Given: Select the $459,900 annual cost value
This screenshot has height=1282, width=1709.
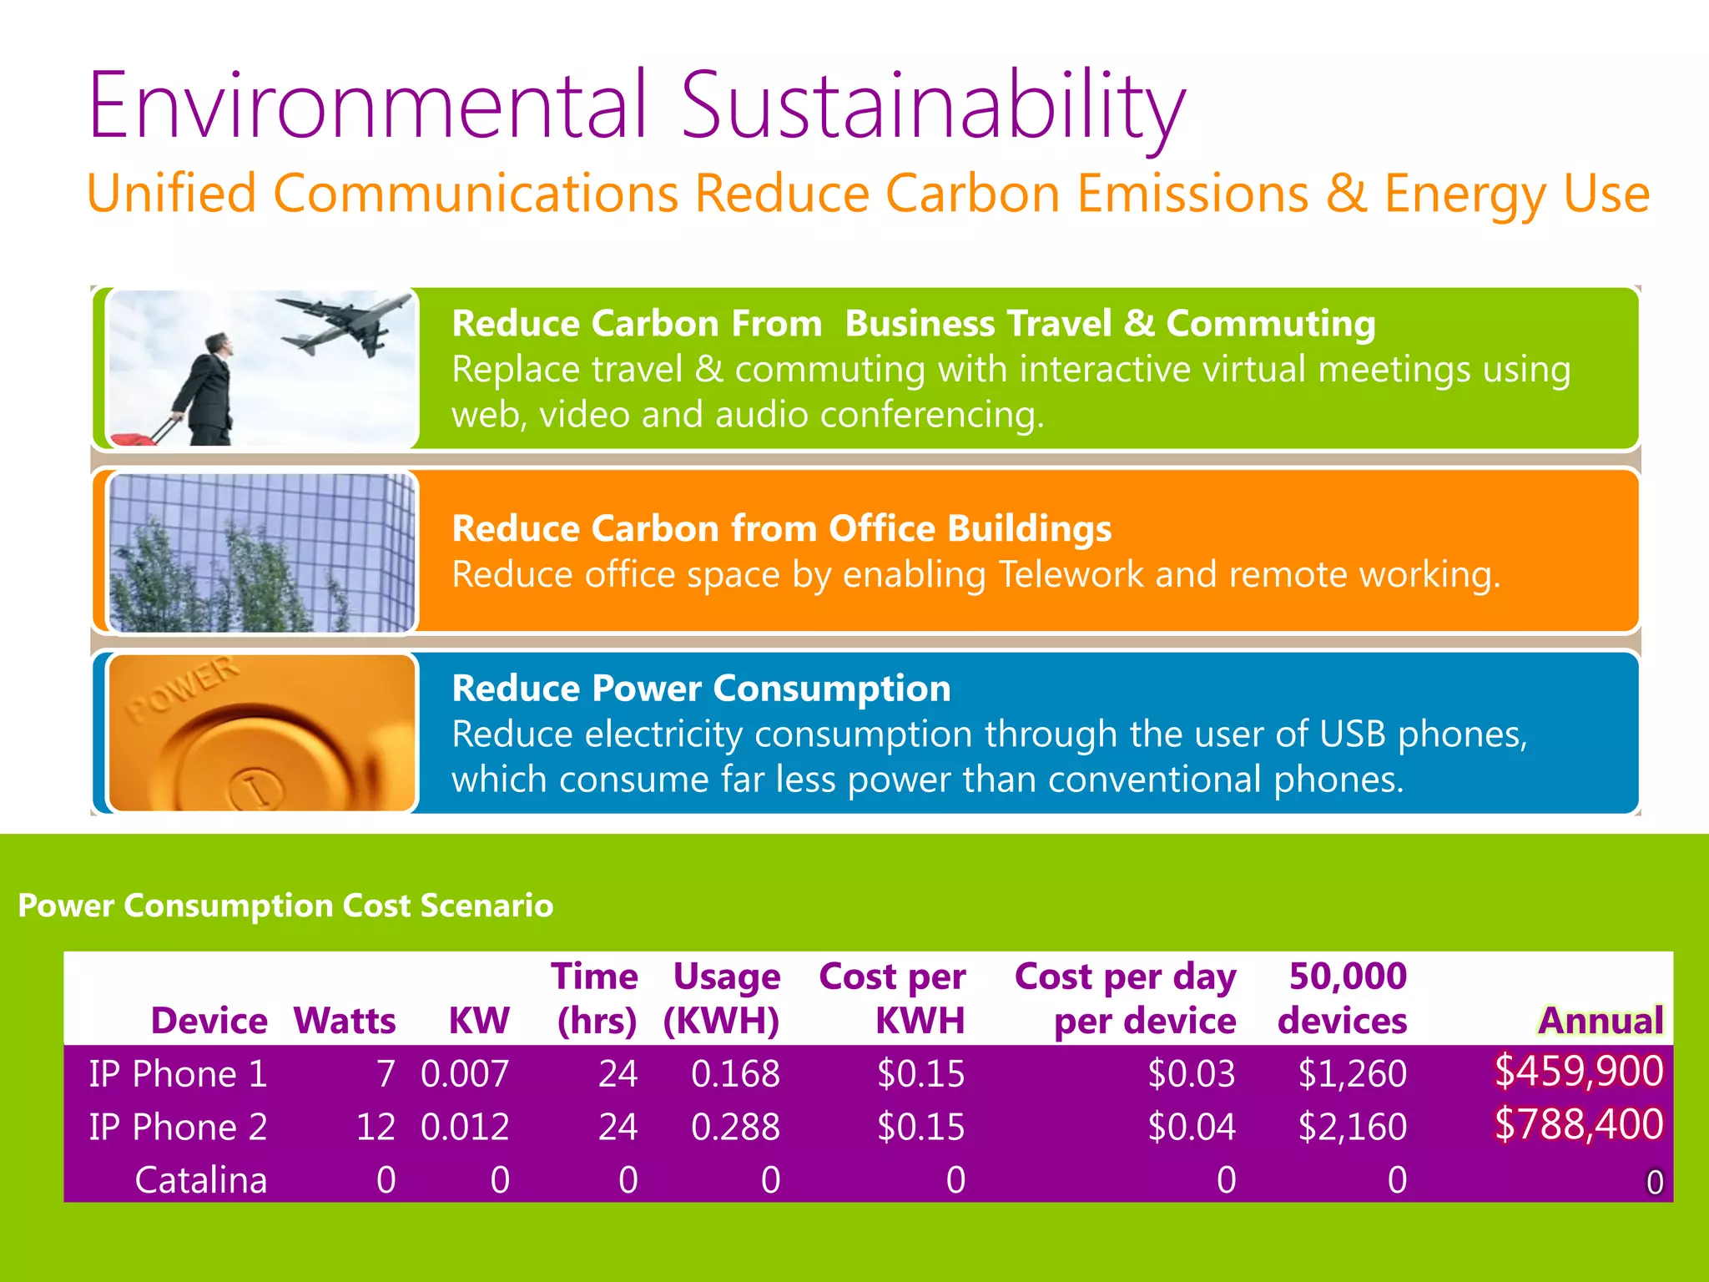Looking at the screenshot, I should [1578, 1072].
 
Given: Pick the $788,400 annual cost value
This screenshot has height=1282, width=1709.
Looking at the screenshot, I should [1578, 1125].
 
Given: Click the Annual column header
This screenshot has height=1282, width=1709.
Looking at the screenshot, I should [1601, 1021].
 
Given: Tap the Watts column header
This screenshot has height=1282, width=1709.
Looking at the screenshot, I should [344, 1021].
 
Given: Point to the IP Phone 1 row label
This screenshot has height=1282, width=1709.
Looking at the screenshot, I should [178, 1073].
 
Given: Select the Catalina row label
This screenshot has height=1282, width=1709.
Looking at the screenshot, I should [200, 1180].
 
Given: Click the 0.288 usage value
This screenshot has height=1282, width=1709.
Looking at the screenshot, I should [735, 1127].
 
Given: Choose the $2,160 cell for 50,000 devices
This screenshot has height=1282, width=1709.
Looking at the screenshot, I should [1352, 1127].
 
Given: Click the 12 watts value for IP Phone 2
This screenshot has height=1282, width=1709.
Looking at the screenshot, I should [376, 1127].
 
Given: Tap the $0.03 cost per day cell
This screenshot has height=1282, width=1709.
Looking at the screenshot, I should [1191, 1073].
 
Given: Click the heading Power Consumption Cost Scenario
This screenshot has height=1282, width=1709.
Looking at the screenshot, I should [285, 906].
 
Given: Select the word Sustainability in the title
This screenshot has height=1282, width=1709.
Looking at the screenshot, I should [933, 107].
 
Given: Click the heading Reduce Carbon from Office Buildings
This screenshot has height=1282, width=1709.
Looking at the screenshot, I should [781, 528].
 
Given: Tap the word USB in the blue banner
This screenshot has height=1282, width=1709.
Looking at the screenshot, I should [1354, 734].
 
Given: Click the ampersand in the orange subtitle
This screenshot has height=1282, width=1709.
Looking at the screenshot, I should [1346, 194].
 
